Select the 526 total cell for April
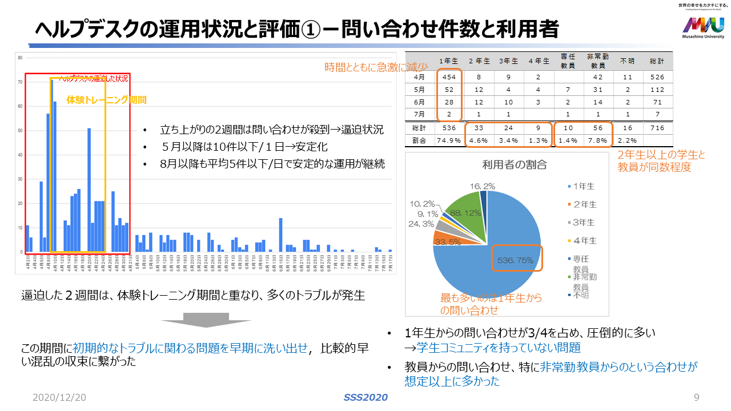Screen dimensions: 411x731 coord(657,77)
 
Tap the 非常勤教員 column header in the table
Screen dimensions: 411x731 coord(597,61)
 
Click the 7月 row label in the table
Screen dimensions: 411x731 coord(420,115)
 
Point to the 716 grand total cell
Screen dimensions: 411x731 coord(657,128)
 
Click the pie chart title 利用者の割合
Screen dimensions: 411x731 coord(507,165)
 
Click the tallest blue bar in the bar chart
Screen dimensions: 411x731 coord(51,166)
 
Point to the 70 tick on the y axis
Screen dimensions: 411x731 coord(20,82)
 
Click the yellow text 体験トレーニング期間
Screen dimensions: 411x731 coord(106,99)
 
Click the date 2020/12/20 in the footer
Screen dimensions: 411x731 coord(59,397)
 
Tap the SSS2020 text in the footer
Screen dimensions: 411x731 coord(365,397)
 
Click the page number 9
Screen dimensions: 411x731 coord(696,397)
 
